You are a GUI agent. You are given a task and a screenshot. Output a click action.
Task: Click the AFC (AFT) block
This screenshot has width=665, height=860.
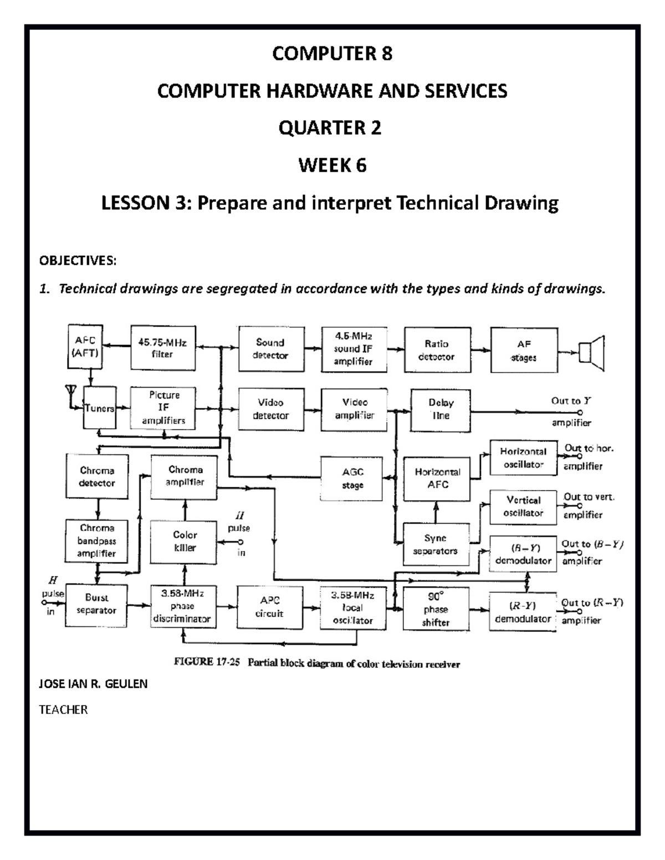pos(85,347)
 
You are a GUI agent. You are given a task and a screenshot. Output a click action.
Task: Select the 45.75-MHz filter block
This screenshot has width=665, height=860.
pos(162,348)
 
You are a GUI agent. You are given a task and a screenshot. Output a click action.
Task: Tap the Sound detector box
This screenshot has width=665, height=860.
pos(271,349)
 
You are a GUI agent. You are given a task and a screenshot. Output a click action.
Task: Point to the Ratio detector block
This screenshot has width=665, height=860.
pos(437,350)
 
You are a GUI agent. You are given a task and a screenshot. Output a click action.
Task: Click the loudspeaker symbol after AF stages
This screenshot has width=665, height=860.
pos(591,353)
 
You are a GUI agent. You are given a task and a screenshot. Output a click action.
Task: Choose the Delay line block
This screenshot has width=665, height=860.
pos(441,410)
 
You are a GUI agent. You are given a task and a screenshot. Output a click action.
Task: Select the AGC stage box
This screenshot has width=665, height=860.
pos(352,478)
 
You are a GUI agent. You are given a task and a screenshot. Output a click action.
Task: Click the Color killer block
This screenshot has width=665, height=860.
pos(185,541)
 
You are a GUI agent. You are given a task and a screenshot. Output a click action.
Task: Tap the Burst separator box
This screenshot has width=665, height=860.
pos(96,604)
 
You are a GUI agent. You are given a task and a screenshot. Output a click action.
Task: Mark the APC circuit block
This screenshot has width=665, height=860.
pos(270,607)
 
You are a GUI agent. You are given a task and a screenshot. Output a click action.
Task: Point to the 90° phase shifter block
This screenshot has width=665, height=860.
pos(436,609)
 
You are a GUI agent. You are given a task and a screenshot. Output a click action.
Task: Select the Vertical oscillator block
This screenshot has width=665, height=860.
pos(523,506)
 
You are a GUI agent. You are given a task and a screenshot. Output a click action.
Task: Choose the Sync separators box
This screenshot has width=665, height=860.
pos(436,544)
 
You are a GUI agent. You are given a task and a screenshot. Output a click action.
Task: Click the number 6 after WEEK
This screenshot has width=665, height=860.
pos(361,165)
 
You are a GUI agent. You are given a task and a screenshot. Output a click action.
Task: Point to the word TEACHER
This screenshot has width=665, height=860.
pos(63,709)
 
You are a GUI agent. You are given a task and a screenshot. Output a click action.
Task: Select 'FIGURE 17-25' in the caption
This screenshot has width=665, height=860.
pos(207,662)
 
